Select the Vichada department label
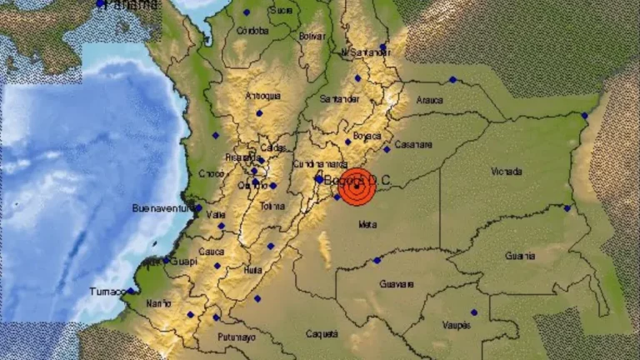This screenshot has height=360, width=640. [x=507, y=172]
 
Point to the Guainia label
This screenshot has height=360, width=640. [x=520, y=256]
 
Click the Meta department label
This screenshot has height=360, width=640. [x=367, y=224]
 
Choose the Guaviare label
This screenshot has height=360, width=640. [x=396, y=283]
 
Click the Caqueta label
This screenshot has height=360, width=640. [x=322, y=333]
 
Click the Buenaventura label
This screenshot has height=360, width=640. [x=162, y=207]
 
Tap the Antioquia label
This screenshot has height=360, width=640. [x=262, y=96]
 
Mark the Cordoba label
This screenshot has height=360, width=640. [x=252, y=31]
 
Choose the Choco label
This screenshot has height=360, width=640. [x=212, y=173]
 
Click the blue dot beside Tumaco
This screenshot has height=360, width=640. [x=131, y=291]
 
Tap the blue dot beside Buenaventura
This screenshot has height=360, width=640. [x=197, y=208]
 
